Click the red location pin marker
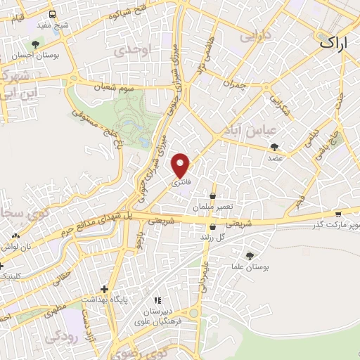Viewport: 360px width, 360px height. click(181, 165)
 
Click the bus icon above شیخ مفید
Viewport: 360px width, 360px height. click(53, 15)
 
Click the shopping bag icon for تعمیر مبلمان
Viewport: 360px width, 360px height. click(212, 196)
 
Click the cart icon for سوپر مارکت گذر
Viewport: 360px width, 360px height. click(338, 214)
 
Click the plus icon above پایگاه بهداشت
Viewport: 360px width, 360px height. click(104, 289)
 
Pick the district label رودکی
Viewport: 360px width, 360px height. click(60, 338)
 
